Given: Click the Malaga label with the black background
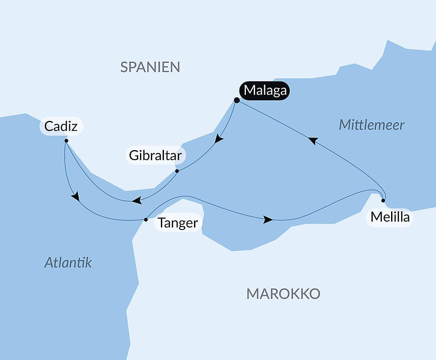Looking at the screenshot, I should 265,91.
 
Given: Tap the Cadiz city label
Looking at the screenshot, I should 61,127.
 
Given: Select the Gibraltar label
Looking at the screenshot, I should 155,155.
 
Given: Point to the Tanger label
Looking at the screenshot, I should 178,223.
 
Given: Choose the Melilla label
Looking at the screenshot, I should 390,217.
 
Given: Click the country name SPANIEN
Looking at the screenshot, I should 150,67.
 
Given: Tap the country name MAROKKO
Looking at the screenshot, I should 283,294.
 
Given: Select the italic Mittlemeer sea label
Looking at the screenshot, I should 371,125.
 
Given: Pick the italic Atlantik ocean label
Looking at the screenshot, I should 68,262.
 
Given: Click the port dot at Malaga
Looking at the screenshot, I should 237,100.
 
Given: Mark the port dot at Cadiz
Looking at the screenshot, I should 66,141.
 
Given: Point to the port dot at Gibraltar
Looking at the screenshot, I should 177,171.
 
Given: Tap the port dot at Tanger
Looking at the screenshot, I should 146,219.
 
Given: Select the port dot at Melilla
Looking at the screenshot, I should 383,201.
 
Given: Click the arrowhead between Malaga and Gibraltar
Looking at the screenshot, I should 219,139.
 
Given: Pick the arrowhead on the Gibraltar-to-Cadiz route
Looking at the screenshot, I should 136,201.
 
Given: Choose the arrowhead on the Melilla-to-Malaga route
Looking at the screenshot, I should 313,141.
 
